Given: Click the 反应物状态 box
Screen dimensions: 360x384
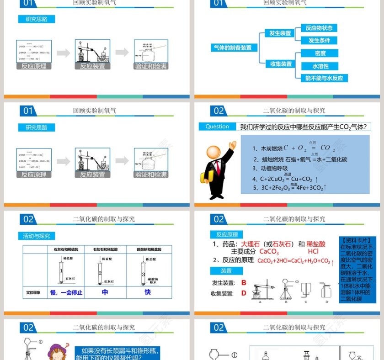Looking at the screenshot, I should point(319,28).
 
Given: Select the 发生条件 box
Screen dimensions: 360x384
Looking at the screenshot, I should point(319,41).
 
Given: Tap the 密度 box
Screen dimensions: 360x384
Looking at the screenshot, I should point(320,53).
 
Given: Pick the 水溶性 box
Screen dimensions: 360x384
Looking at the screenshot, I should point(320,66).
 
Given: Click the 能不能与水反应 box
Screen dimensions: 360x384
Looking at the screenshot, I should point(324,78).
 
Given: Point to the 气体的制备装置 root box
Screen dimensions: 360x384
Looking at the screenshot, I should point(233,48).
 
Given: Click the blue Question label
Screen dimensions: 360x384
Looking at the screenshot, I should point(217,127).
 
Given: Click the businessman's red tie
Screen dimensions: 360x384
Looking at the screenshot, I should point(218,167).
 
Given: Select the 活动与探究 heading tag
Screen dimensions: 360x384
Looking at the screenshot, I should point(37,236).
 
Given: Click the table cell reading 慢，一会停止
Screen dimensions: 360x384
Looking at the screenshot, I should point(66,292).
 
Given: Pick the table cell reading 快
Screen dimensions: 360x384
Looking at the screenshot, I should point(148,292).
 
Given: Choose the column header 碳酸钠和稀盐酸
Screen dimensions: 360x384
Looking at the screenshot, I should point(148,250).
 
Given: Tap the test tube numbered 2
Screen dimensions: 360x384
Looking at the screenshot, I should point(100,272).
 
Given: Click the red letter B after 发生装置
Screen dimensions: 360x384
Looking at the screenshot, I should point(244,283).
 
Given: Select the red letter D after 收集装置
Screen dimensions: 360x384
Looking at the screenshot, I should point(244,293).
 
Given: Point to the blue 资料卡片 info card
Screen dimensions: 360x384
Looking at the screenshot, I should point(357,270).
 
